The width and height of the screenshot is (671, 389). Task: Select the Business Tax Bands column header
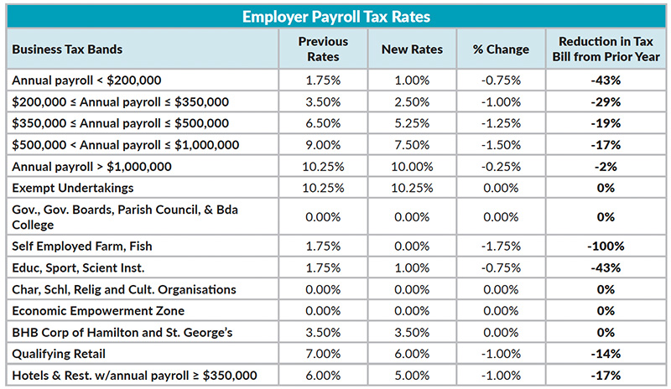click(x=67, y=49)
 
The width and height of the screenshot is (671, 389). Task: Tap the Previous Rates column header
click(x=323, y=49)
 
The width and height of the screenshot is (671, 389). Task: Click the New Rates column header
click(x=412, y=49)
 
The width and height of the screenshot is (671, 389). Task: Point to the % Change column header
click(x=501, y=49)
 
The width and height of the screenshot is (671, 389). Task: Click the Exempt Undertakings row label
click(x=73, y=187)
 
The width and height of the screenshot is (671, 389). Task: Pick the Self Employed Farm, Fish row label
click(x=81, y=246)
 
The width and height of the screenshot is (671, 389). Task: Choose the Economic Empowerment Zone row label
click(x=86, y=311)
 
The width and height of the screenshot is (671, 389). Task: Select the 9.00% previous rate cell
click(x=323, y=144)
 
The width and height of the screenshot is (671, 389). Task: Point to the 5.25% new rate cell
click(x=412, y=123)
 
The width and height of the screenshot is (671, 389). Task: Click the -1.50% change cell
click(x=501, y=144)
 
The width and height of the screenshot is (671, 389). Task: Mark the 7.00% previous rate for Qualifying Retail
click(x=323, y=354)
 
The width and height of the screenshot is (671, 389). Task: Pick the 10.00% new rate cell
click(x=412, y=166)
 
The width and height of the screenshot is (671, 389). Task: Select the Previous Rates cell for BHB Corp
click(x=323, y=332)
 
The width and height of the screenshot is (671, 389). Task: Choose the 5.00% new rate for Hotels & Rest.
click(x=412, y=375)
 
